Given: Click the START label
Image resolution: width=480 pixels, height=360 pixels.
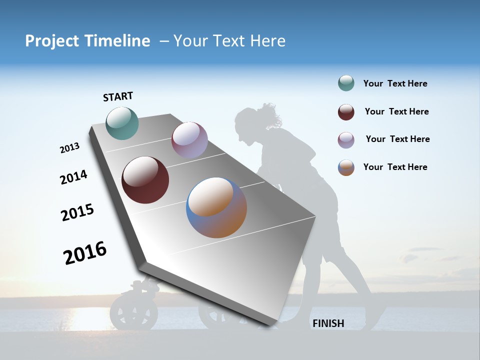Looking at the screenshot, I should click(x=118, y=96).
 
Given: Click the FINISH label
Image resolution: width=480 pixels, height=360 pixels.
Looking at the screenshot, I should click(x=328, y=323).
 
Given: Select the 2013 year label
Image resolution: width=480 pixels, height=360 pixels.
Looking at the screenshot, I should click(x=69, y=148).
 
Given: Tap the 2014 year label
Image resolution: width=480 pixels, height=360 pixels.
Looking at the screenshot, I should click(x=73, y=177).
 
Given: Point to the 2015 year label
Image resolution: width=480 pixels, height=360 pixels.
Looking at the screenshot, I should click(x=77, y=212).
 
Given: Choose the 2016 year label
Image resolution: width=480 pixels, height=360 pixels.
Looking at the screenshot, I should click(x=85, y=253).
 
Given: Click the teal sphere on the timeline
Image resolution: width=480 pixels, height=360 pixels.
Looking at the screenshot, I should click(x=122, y=123).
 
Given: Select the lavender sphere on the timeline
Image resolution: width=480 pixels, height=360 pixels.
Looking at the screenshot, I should click(x=189, y=140).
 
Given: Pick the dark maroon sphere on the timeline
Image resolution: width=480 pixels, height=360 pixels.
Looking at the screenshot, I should click(x=145, y=180).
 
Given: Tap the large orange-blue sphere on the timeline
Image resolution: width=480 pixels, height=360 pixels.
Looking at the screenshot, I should click(x=216, y=207).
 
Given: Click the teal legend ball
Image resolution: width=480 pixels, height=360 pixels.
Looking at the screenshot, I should click(x=346, y=83).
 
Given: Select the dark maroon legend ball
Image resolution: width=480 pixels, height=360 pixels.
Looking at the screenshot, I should click(x=346, y=112).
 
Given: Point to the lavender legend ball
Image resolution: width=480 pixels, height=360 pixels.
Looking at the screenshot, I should click(x=346, y=140).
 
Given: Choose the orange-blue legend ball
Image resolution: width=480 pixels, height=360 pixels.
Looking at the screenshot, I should click(x=346, y=167).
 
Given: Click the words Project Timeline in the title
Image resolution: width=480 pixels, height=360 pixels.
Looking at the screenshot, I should click(x=87, y=41).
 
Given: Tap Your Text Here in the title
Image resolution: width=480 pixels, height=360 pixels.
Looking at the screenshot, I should click(x=229, y=41).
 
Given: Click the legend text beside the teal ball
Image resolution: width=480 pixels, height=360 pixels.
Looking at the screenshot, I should click(x=395, y=84).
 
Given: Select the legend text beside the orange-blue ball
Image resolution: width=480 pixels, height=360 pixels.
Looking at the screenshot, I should click(x=395, y=167).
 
